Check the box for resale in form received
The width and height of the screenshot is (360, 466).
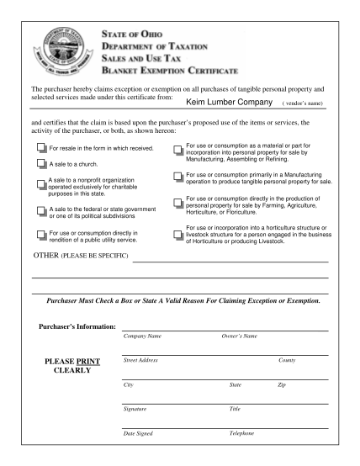click(x=41, y=147)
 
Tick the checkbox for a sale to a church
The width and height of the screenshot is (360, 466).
click(x=41, y=164)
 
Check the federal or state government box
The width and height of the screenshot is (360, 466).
click(x=41, y=210)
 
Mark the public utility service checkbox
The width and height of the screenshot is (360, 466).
click(x=41, y=235)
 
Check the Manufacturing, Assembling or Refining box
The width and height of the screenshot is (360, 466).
click(x=177, y=152)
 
